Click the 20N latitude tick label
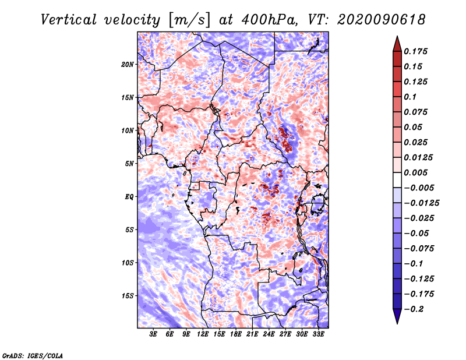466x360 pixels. [128, 65]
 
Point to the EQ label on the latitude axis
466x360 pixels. [129, 197]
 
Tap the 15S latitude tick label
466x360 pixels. [128, 296]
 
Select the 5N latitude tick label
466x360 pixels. [129, 164]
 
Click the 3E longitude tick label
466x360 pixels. [153, 334]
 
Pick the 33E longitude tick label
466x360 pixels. [318, 334]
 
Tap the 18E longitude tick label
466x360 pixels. [236, 334]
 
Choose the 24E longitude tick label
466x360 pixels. [269, 334]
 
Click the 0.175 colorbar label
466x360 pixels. [415, 51]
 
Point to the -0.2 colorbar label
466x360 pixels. [414, 309]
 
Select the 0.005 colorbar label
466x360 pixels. [415, 172]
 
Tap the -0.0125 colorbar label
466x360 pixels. [421, 203]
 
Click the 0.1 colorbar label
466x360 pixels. [410, 97]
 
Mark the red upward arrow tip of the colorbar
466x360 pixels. [397, 36]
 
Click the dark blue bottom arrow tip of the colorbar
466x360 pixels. [397, 323]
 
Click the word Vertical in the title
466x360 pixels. [69, 20]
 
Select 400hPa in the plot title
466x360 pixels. [270, 20]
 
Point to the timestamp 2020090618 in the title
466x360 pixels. [382, 20]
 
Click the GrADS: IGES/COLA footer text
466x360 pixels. [33, 356]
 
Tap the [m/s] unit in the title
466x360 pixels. [189, 20]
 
